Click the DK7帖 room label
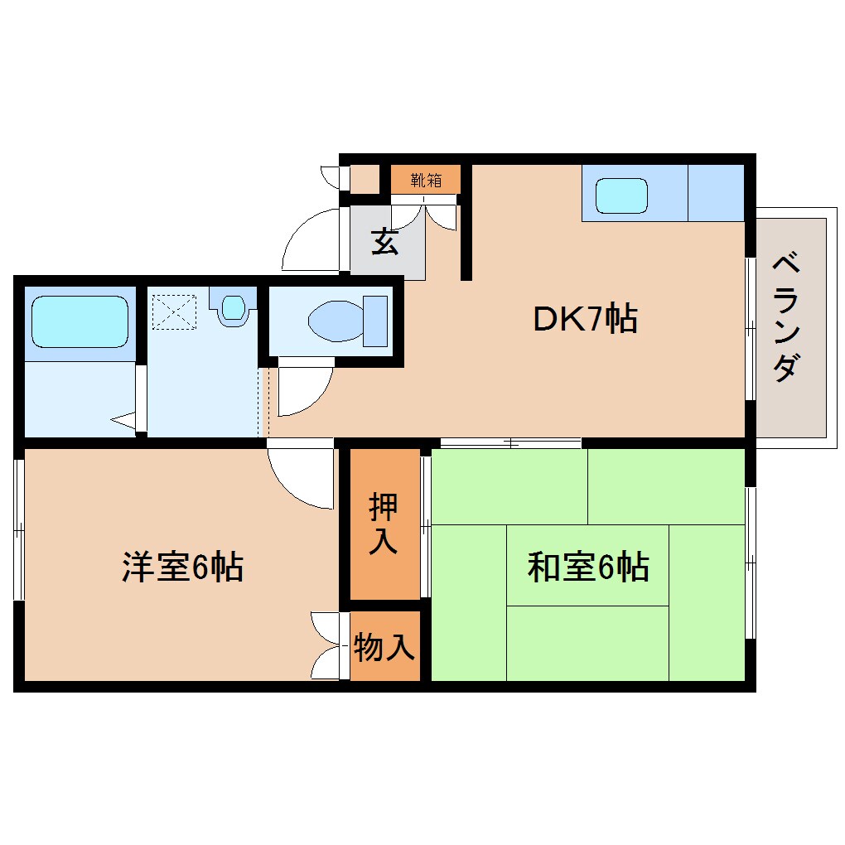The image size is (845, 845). point(584,319)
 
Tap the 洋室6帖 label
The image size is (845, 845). point(182,567)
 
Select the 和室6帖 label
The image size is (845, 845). point(587,567)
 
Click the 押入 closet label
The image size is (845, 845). point(384,524)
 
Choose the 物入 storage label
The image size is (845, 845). point(384,647)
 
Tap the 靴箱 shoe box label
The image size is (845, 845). point(425,178)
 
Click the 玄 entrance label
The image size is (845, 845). point(384,242)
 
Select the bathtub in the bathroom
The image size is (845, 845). point(80,321)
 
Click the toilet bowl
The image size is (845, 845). point(335,319)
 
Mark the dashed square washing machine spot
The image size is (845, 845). point(174,310)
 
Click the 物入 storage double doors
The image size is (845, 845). point(327,646)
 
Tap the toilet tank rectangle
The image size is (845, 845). point(374,320)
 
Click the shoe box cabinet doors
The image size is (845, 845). point(424,214)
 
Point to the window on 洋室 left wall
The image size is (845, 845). point(17,527)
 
